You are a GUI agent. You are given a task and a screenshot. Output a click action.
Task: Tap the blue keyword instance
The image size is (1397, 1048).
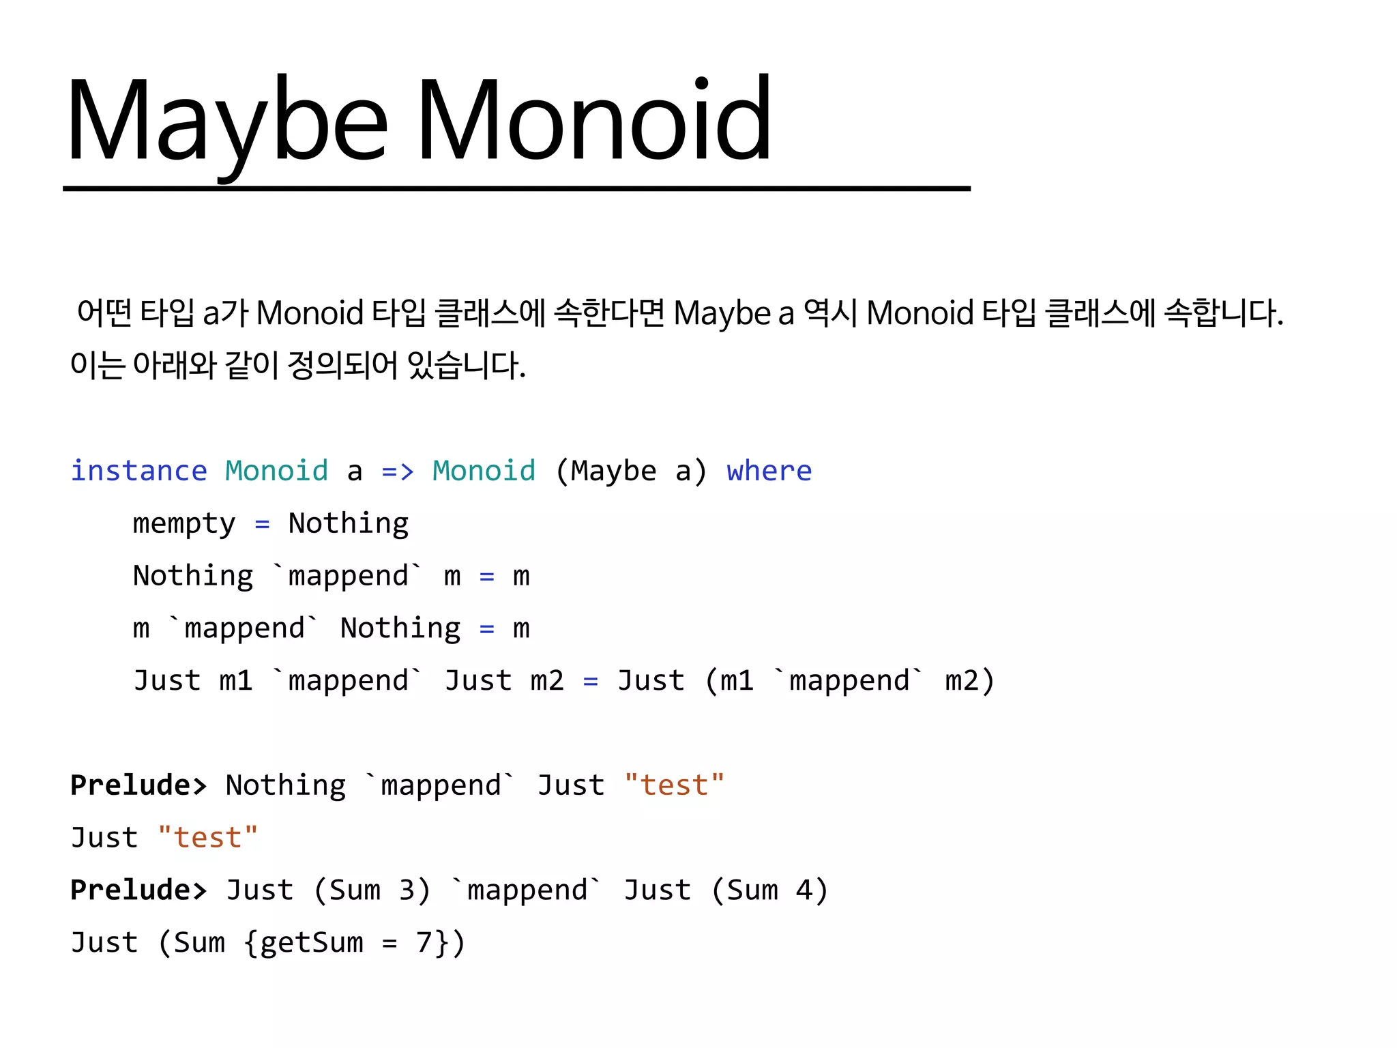pos(138,471)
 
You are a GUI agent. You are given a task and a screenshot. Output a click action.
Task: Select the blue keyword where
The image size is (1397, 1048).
pos(769,471)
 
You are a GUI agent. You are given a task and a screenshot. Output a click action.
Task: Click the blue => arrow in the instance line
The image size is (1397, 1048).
pos(398,471)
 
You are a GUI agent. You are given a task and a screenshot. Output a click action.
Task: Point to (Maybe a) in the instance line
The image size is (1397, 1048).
pos(631,471)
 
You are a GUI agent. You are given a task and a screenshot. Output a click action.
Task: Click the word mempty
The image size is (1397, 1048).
pos(184,524)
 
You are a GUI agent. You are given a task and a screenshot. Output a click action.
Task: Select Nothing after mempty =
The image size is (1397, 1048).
pos(348,524)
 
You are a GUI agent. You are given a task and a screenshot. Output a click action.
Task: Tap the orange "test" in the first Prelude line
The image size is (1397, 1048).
pos(674,785)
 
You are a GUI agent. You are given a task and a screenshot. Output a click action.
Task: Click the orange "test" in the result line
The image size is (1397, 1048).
pos(207,838)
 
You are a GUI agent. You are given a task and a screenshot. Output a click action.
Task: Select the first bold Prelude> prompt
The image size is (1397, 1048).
pos(138,785)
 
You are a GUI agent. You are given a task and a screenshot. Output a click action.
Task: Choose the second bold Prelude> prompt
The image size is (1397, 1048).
pos(138,890)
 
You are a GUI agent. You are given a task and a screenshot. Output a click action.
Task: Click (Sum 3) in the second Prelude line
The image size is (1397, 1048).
pos(372,890)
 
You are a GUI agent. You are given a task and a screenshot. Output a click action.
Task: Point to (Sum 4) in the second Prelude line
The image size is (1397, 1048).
pos(769,890)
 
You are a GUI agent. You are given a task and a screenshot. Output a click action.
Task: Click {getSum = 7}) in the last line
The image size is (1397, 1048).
pos(355,943)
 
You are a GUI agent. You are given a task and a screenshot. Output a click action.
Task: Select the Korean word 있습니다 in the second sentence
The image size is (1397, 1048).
pos(466,365)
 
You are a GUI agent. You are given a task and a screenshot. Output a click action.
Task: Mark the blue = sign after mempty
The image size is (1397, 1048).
pos(262,524)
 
